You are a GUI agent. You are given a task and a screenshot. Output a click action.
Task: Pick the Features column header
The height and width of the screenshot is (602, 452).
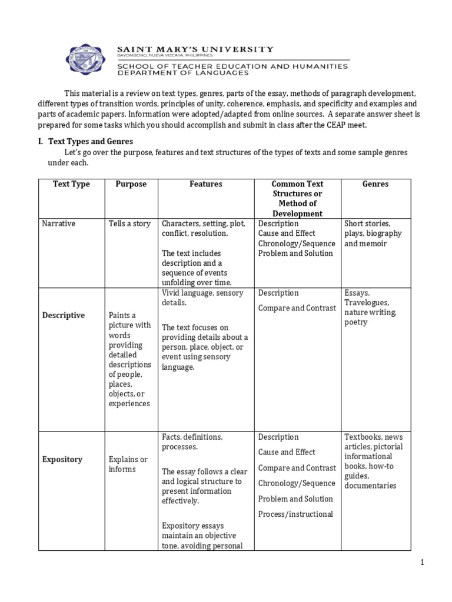pyautogui.click(x=206, y=184)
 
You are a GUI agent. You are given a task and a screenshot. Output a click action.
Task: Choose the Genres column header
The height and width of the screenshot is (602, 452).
pyautogui.click(x=375, y=184)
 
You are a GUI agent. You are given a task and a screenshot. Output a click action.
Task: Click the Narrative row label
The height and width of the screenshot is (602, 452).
pyautogui.click(x=58, y=224)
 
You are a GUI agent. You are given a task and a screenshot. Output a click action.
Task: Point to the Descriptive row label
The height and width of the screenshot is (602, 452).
pyautogui.click(x=64, y=315)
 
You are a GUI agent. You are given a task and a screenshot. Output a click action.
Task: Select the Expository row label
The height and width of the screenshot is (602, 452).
pyautogui.click(x=62, y=459)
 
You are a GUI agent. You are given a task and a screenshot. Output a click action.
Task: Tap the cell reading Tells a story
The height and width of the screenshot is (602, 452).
pyautogui.click(x=129, y=224)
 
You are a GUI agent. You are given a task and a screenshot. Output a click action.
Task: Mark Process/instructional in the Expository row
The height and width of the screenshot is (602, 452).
pyautogui.click(x=295, y=514)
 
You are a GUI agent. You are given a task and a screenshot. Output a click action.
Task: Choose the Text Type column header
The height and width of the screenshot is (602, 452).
pyautogui.click(x=71, y=184)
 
